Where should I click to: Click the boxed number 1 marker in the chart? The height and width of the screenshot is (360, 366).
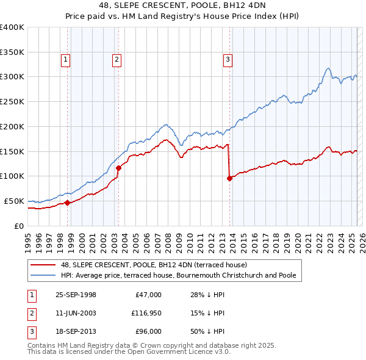pyautogui.click(x=65, y=60)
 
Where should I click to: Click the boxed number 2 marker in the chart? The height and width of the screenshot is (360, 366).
pyautogui.click(x=116, y=60)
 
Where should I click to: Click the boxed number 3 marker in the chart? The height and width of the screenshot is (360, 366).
pyautogui.click(x=227, y=60)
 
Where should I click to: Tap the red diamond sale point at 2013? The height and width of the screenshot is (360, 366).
pyautogui.click(x=229, y=178)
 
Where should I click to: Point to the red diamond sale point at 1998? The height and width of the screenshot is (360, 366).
pyautogui.click(x=68, y=203)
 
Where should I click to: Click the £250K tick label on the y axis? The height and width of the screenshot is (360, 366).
pyautogui.click(x=12, y=102)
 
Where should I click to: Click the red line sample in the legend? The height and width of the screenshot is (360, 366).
pyautogui.click(x=44, y=265)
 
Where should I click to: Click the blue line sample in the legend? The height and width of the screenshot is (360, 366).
pyautogui.click(x=44, y=275)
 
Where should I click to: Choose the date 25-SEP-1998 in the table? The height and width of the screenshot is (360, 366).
pyautogui.click(x=76, y=295)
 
